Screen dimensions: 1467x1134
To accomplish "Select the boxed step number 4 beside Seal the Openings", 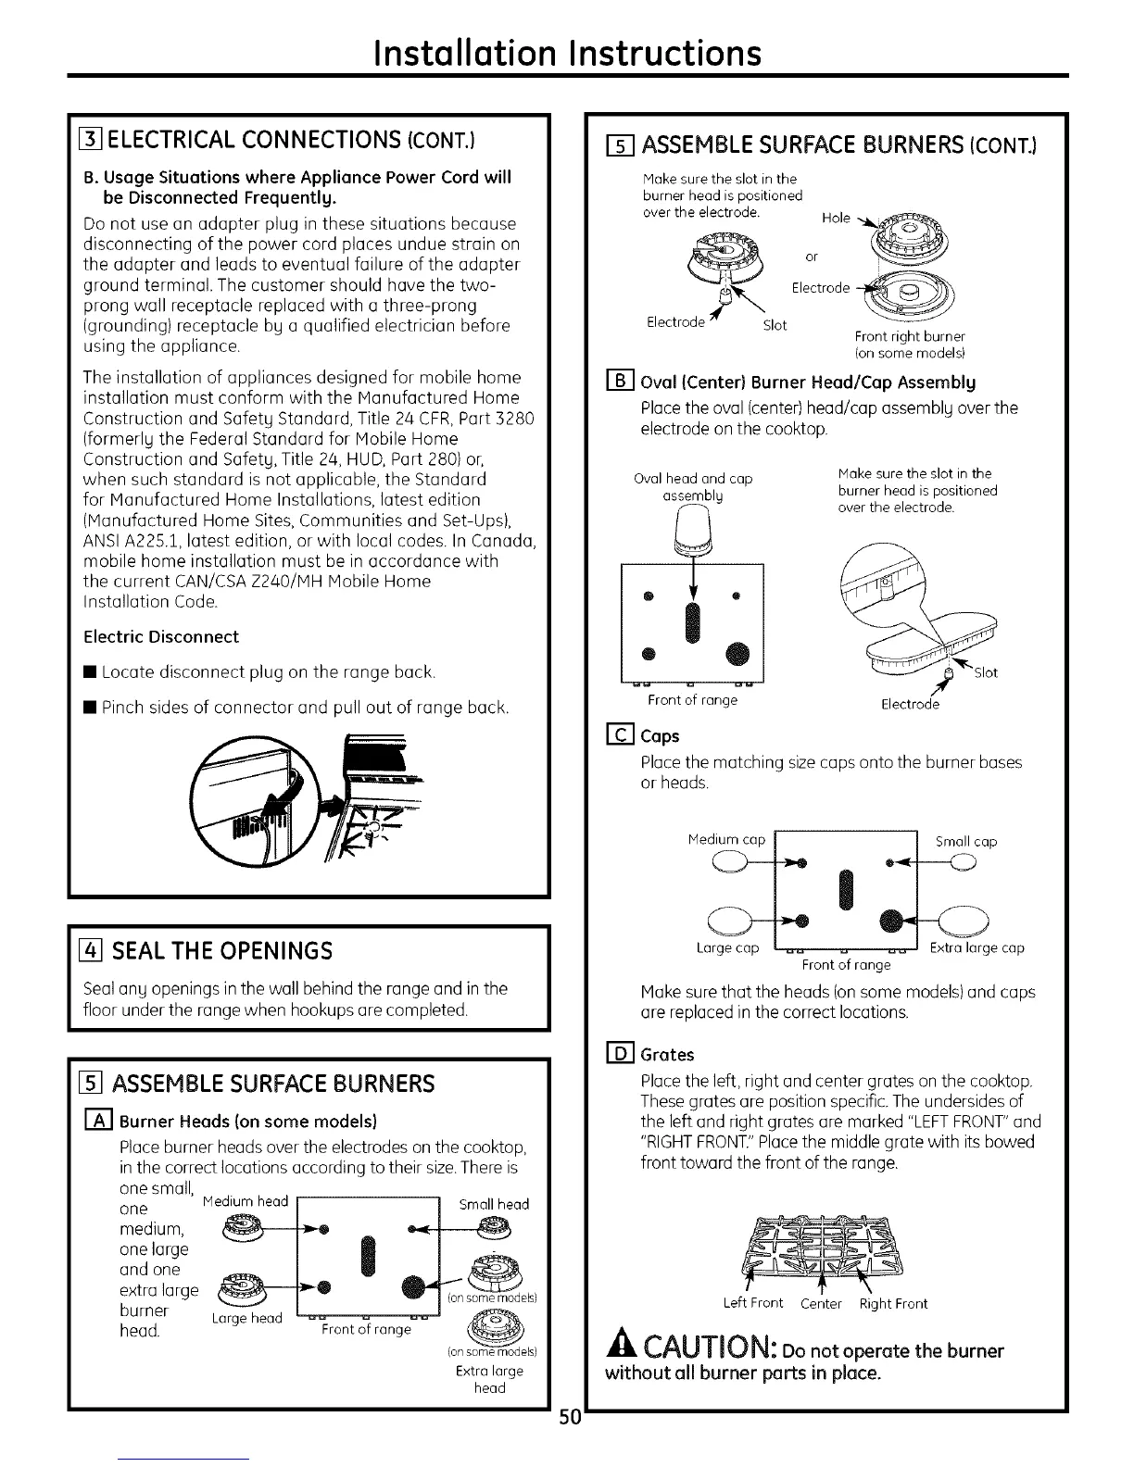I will click(x=91, y=950).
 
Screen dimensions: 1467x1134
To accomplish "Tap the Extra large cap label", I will click(x=977, y=947).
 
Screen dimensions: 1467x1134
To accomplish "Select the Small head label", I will click(x=494, y=1204).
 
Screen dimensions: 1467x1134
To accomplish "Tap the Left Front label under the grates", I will click(x=753, y=1303).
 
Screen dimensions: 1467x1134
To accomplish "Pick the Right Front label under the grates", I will click(x=893, y=1303).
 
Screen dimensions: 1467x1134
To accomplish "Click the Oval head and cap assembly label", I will click(x=693, y=487).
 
